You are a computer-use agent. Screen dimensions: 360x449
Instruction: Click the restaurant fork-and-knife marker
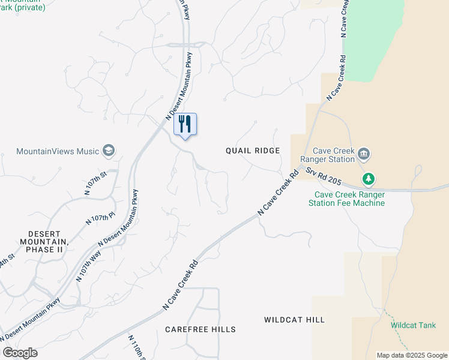[185, 124]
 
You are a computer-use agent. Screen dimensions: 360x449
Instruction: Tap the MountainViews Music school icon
[109, 150]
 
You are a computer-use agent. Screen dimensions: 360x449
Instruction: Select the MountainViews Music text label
[57, 151]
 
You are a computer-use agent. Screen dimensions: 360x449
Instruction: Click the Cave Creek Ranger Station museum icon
[364, 155]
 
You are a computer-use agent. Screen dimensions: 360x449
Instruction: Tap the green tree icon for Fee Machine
[369, 179]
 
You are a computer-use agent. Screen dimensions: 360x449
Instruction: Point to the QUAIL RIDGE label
[253, 151]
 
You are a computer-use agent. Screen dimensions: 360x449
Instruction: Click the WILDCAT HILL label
[294, 320]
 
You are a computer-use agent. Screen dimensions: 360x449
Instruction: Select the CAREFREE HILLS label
[200, 329]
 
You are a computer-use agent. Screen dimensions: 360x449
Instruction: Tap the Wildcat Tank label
[413, 325]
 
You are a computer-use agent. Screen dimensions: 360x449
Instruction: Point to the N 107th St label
[95, 184]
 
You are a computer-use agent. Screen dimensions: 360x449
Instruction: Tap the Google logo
[20, 353]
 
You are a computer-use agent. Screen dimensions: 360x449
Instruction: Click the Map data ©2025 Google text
[411, 355]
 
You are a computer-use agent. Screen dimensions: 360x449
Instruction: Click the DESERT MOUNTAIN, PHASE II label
[45, 241]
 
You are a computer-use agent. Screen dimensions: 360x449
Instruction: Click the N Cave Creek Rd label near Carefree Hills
[180, 285]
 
